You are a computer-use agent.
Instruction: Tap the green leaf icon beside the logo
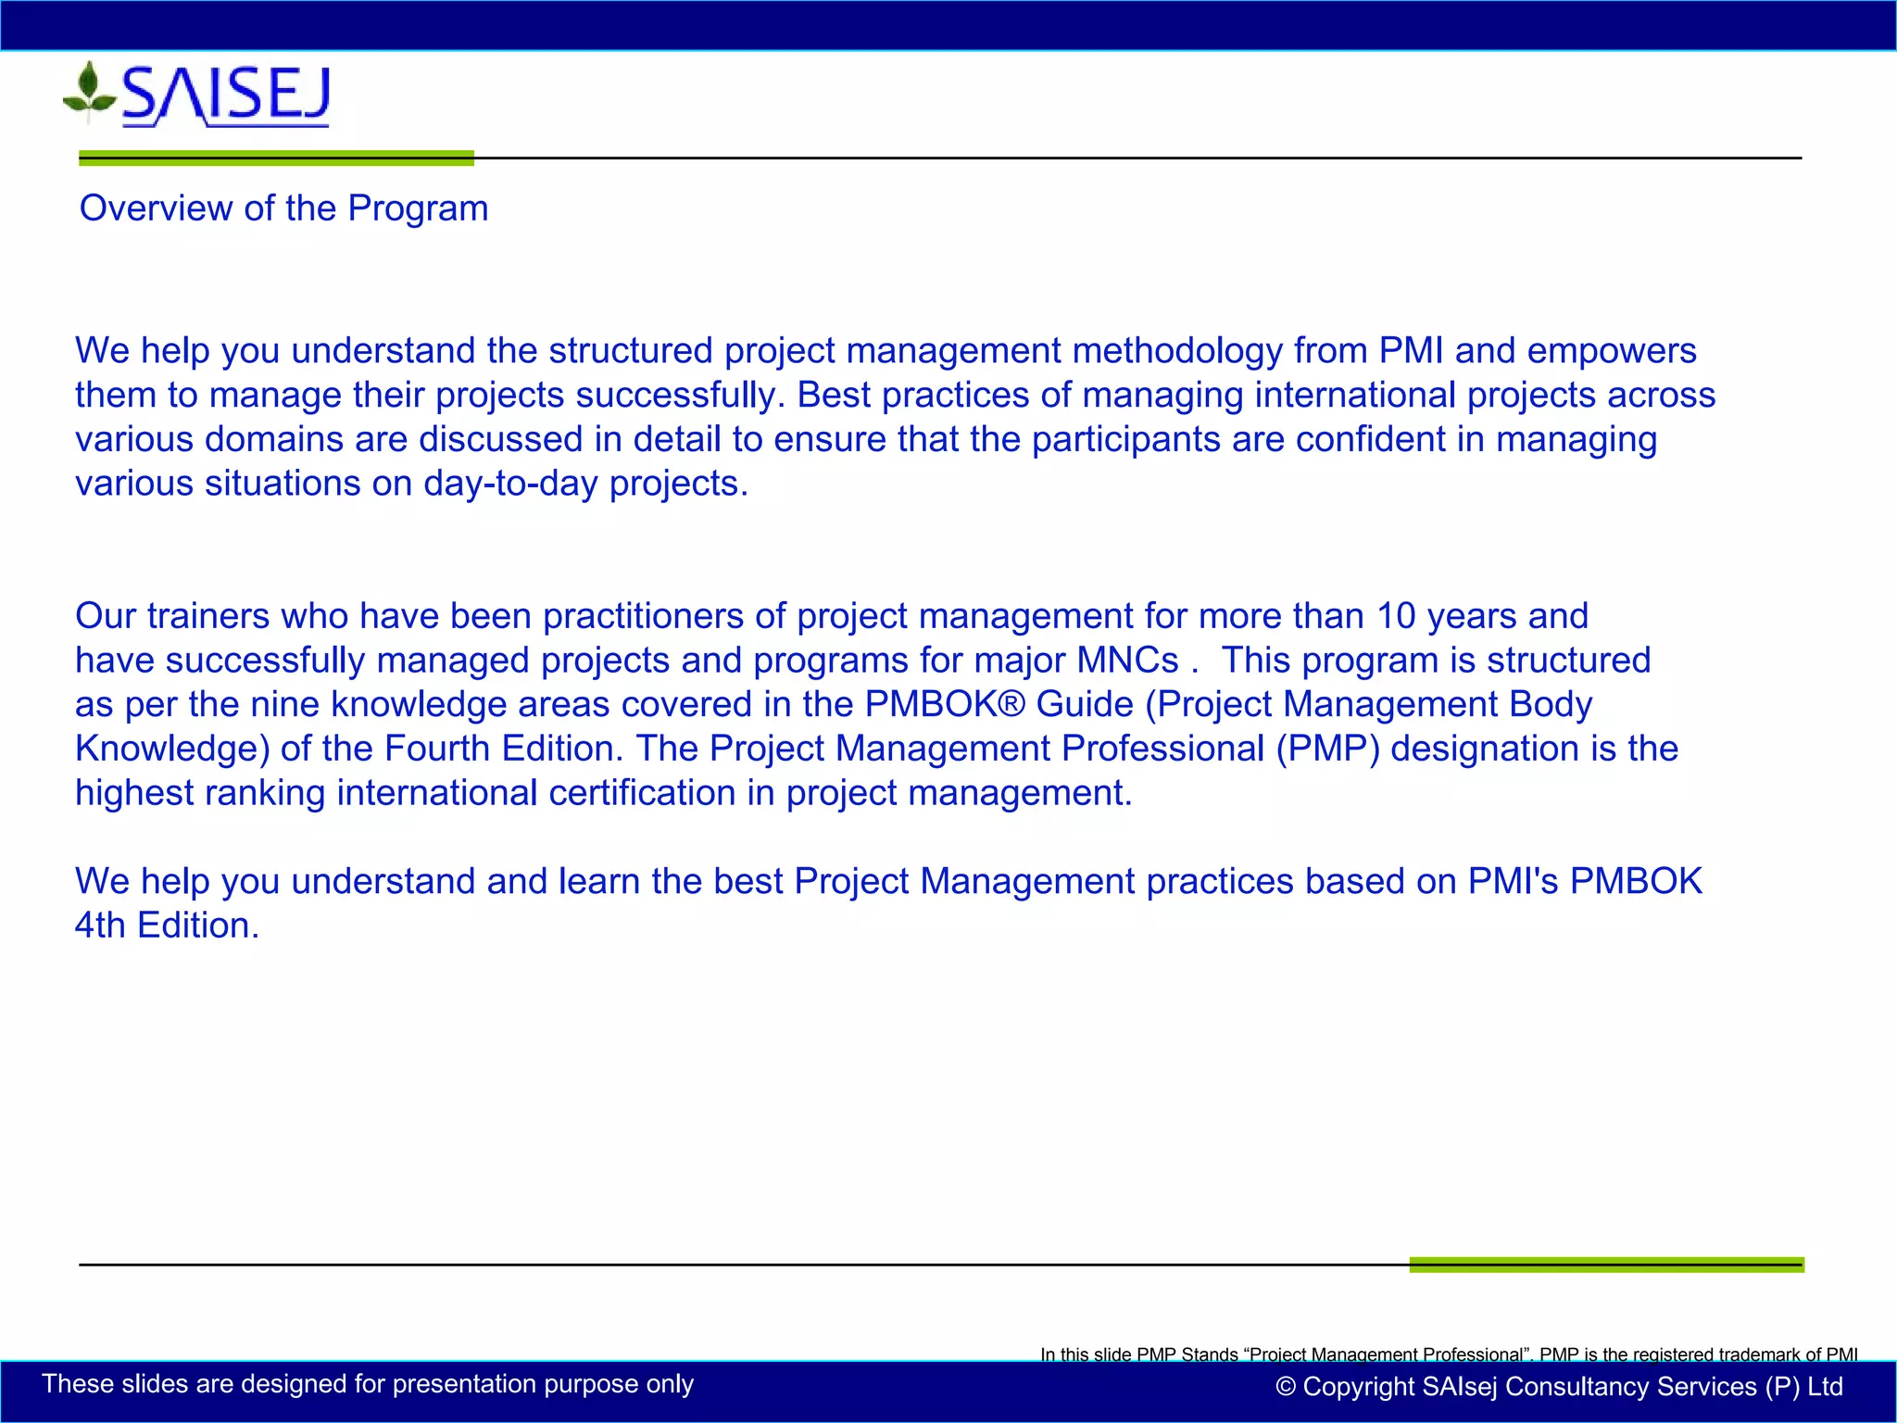click(x=88, y=91)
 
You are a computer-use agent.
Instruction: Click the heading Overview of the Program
click(x=283, y=208)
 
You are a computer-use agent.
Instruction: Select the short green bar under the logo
click(x=276, y=158)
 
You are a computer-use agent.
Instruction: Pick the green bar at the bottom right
click(x=1606, y=1265)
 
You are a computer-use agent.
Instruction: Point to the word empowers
click(x=1611, y=351)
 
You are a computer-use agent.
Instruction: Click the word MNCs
click(x=1126, y=661)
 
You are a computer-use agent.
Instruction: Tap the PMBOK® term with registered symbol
click(x=944, y=705)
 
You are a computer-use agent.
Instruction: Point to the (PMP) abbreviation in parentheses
click(x=1327, y=749)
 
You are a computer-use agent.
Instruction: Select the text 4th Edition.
click(x=167, y=926)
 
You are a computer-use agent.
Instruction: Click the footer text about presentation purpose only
click(x=368, y=1384)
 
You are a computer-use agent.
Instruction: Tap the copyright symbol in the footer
click(x=1285, y=1387)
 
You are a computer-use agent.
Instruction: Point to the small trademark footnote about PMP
click(x=1448, y=1354)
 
